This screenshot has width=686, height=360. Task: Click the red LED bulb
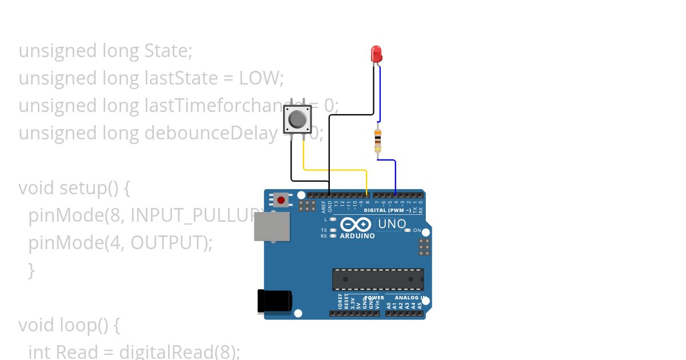click(376, 54)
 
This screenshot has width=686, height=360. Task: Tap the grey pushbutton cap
click(297, 119)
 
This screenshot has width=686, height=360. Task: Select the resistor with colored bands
click(377, 141)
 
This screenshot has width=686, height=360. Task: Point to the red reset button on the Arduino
click(281, 200)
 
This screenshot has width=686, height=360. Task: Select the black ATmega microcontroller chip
click(378, 279)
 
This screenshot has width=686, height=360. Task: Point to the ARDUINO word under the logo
click(357, 236)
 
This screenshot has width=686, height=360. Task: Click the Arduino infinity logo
click(356, 225)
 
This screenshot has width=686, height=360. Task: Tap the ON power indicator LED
click(408, 230)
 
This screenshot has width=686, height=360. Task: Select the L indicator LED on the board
click(333, 219)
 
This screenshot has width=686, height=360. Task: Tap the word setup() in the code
click(91, 188)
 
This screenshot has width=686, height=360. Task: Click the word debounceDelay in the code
click(211, 133)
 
